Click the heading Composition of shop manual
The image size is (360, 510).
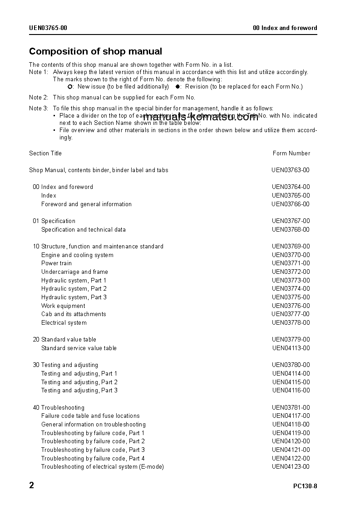click(95, 52)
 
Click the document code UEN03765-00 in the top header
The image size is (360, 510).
click(48, 28)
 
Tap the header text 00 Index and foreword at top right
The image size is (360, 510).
click(285, 28)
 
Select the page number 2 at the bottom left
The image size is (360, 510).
click(32, 485)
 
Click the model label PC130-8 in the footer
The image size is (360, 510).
click(305, 486)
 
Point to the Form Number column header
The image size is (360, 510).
click(291, 153)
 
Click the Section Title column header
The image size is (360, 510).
click(45, 153)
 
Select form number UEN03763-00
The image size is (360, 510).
click(291, 170)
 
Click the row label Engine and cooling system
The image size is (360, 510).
click(77, 255)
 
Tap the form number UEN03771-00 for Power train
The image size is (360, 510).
click(291, 263)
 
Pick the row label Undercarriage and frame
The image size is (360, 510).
click(74, 272)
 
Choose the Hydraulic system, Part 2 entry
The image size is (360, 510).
click(74, 289)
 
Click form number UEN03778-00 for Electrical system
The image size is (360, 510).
click(291, 323)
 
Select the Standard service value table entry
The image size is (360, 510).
click(79, 348)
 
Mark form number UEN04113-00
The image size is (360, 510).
click(291, 348)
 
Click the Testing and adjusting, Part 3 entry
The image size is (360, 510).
click(79, 391)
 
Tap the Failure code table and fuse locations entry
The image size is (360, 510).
click(90, 416)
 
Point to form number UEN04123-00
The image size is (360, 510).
click(291, 467)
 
